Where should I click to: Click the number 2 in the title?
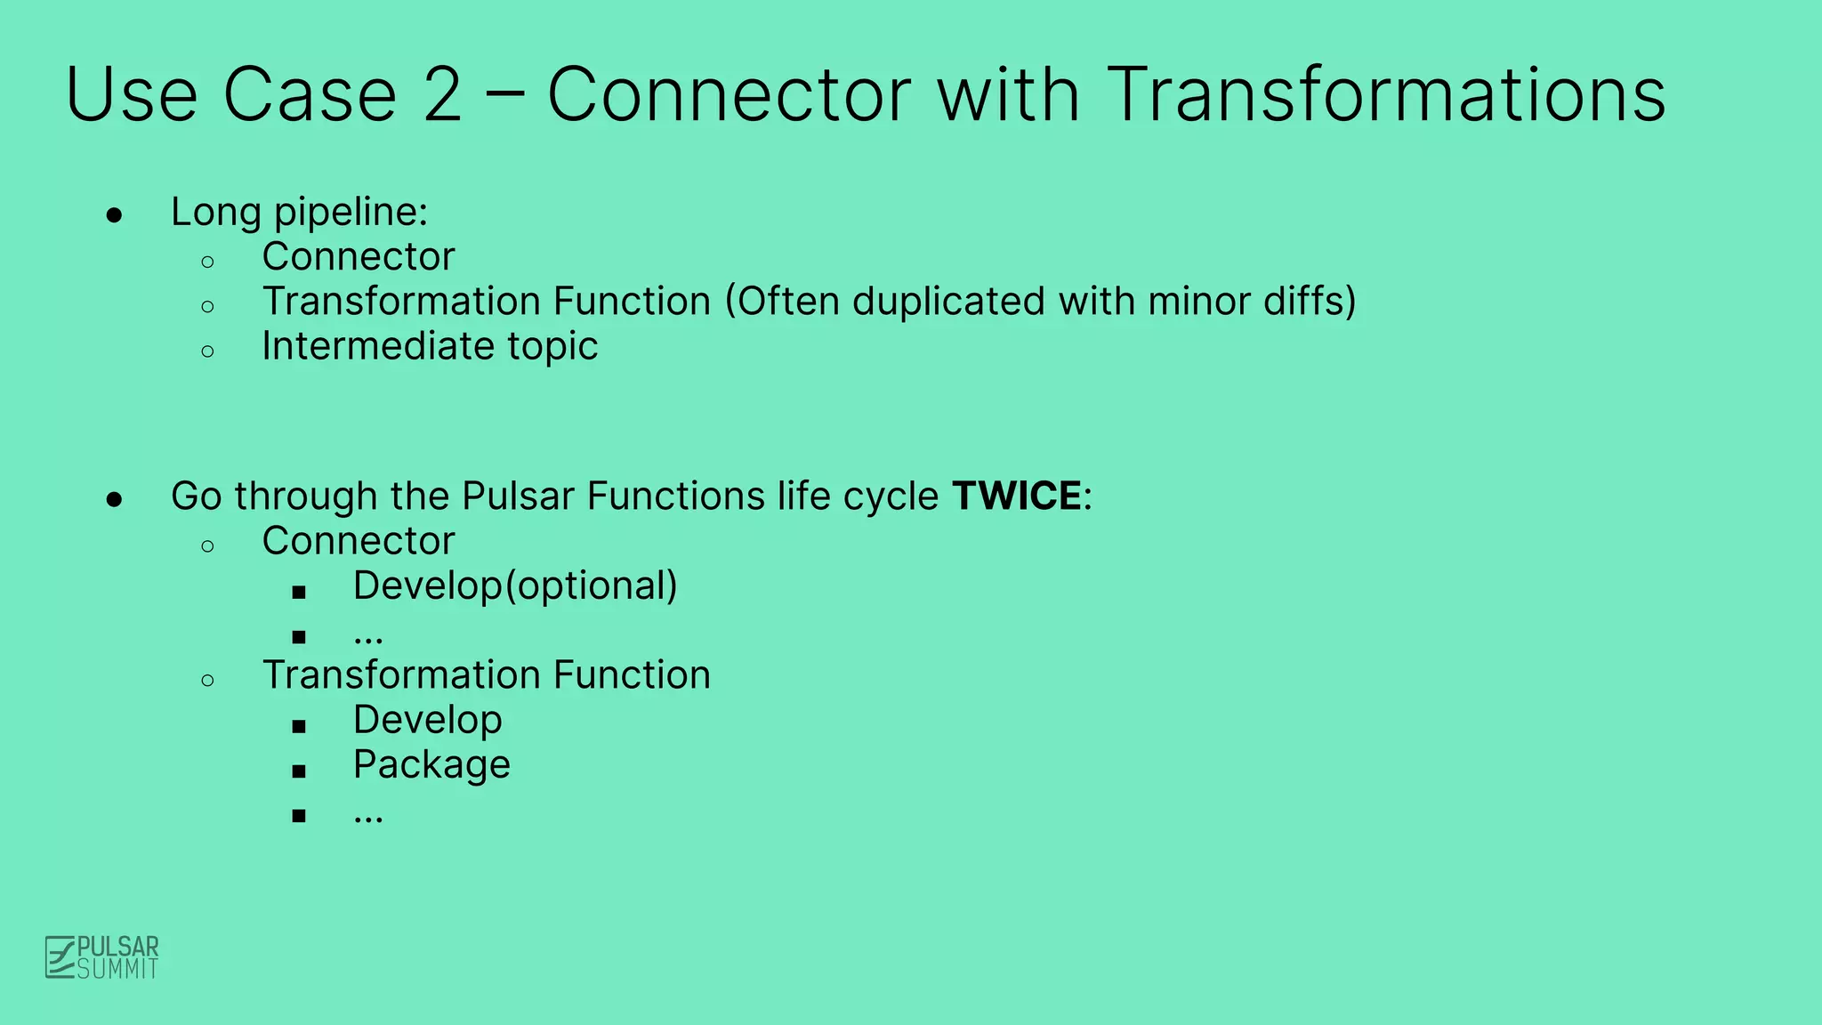click(x=443, y=94)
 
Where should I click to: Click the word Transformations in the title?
click(x=1386, y=94)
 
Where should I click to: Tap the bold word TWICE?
click(x=1017, y=496)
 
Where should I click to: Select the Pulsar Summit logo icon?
click(x=60, y=957)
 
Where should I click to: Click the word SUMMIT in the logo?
click(x=117, y=969)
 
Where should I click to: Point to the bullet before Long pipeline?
click(x=114, y=214)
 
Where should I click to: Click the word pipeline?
click(x=351, y=213)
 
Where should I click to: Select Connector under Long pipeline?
click(x=358, y=257)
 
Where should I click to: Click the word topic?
click(x=552, y=347)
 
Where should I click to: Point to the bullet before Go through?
click(x=114, y=499)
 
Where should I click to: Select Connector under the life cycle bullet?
click(x=358, y=541)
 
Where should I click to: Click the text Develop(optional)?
click(x=515, y=586)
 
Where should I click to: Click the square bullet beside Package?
click(x=299, y=771)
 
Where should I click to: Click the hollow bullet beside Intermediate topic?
click(x=208, y=351)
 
